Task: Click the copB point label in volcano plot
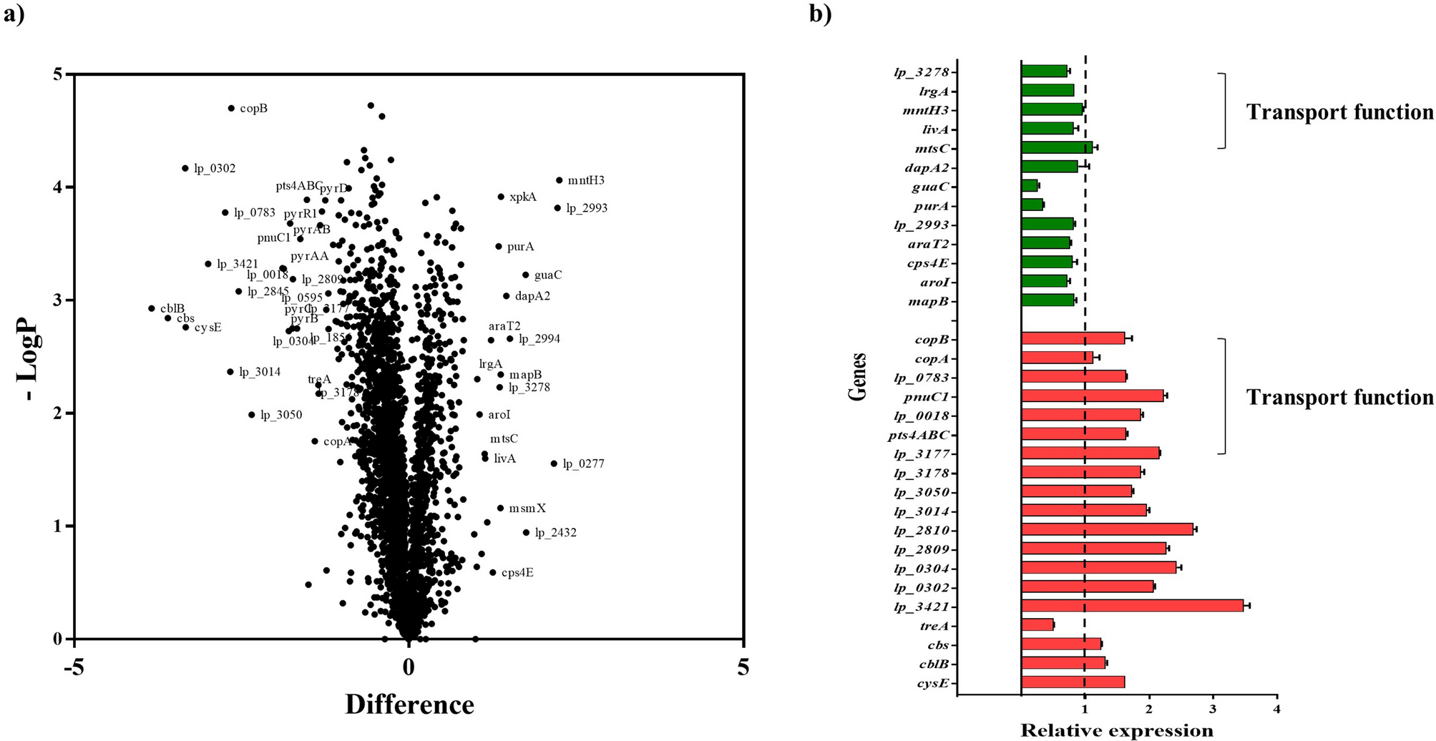pyautogui.click(x=253, y=109)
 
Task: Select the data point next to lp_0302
pyautogui.click(x=185, y=168)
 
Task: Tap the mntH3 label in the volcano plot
pyautogui.click(x=586, y=180)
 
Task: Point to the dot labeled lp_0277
pyautogui.click(x=554, y=463)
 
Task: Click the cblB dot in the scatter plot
pyautogui.click(x=152, y=308)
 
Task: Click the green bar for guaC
pyautogui.click(x=1030, y=186)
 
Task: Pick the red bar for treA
pyautogui.click(x=1037, y=625)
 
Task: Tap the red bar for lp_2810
pyautogui.click(x=1108, y=529)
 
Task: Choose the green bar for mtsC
pyautogui.click(x=1057, y=148)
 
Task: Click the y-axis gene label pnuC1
pyautogui.click(x=931, y=397)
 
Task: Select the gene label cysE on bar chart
pyautogui.click(x=932, y=683)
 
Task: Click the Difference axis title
pyautogui.click(x=409, y=705)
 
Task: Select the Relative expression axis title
pyautogui.click(x=1116, y=730)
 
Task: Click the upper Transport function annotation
pyautogui.click(x=1339, y=112)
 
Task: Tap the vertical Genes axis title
pyautogui.click(x=858, y=377)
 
